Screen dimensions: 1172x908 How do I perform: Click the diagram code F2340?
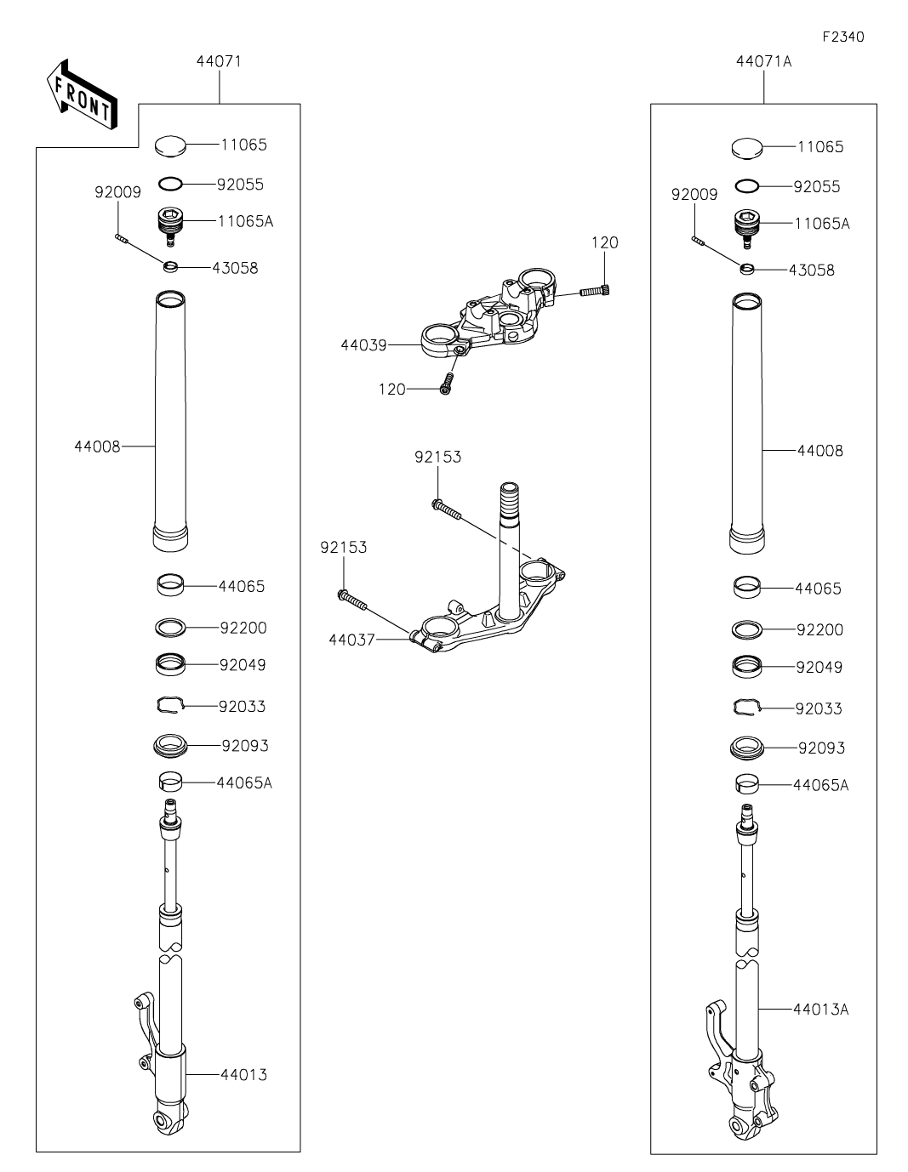(842, 37)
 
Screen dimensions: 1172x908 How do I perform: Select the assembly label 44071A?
(763, 61)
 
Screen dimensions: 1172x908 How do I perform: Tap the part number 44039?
(363, 345)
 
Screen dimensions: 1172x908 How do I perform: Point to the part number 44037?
(351, 640)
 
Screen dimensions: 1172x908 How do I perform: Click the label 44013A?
(820, 1010)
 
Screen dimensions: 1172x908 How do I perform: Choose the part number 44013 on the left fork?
(243, 1075)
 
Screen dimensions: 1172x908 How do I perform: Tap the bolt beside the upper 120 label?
(597, 291)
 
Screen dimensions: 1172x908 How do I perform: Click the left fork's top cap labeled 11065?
(171, 145)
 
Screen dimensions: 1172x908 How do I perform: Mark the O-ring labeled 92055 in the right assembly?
(748, 186)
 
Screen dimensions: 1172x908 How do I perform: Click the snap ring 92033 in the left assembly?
(171, 704)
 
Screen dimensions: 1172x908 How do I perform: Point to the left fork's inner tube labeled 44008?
(171, 421)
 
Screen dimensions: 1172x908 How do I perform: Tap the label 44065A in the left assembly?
(244, 782)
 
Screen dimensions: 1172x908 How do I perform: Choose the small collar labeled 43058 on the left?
(171, 268)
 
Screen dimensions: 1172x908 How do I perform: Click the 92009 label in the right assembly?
(694, 195)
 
